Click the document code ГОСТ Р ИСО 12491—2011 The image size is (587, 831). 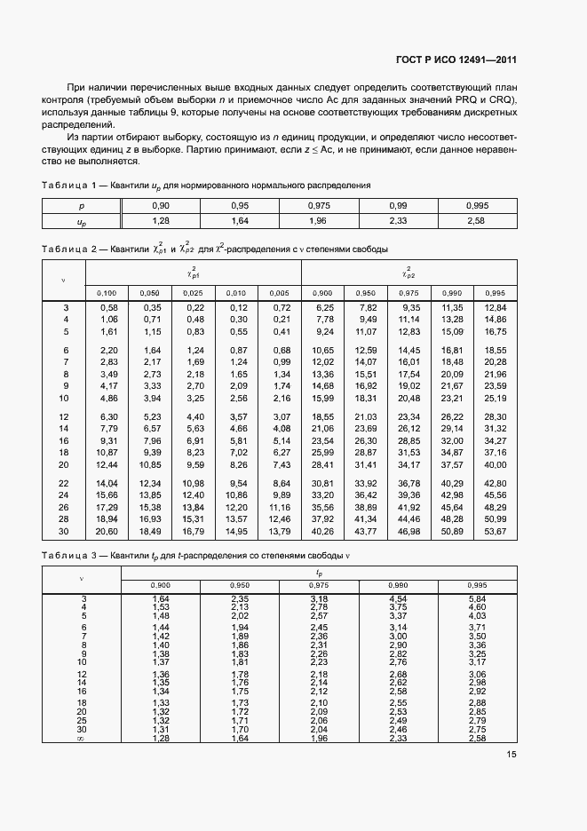(456, 60)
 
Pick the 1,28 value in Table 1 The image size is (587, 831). (161, 219)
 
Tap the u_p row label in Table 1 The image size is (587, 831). (81, 219)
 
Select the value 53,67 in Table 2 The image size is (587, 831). (495, 531)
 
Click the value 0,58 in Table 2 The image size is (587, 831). (108, 307)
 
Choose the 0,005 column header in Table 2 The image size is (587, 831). (280, 292)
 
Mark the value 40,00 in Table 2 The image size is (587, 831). (495, 464)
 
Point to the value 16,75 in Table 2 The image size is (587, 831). (495, 331)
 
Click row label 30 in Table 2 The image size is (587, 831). (63, 531)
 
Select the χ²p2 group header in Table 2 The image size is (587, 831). (409, 272)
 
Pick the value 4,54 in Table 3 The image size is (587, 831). (398, 599)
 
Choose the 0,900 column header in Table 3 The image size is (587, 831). (161, 584)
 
